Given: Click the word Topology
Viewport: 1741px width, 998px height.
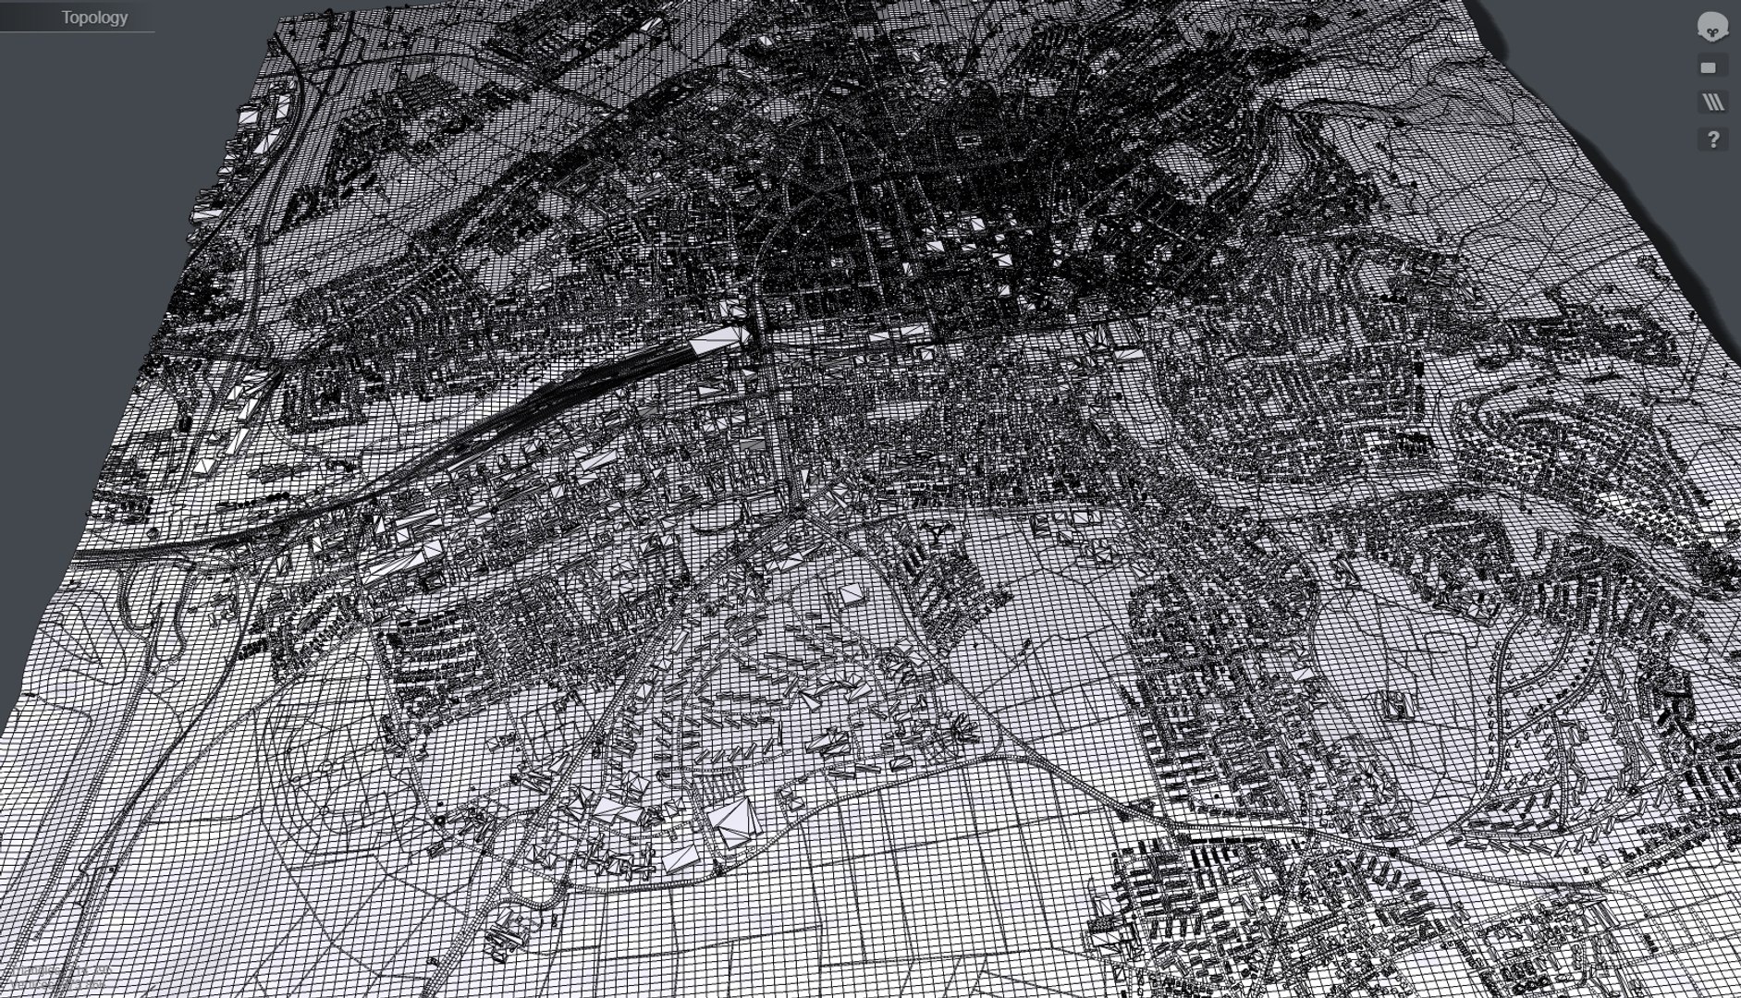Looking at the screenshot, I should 94,17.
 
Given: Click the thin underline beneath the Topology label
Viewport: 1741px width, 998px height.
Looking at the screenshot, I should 77,32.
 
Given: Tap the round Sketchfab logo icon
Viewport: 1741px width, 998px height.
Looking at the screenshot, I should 1712,27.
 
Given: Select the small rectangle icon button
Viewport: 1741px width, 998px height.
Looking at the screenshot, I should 1708,67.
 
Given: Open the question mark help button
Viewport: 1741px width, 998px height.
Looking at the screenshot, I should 1712,140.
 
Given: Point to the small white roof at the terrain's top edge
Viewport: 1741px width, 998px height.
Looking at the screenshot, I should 766,42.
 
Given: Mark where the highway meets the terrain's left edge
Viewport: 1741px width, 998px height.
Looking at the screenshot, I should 80,554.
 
